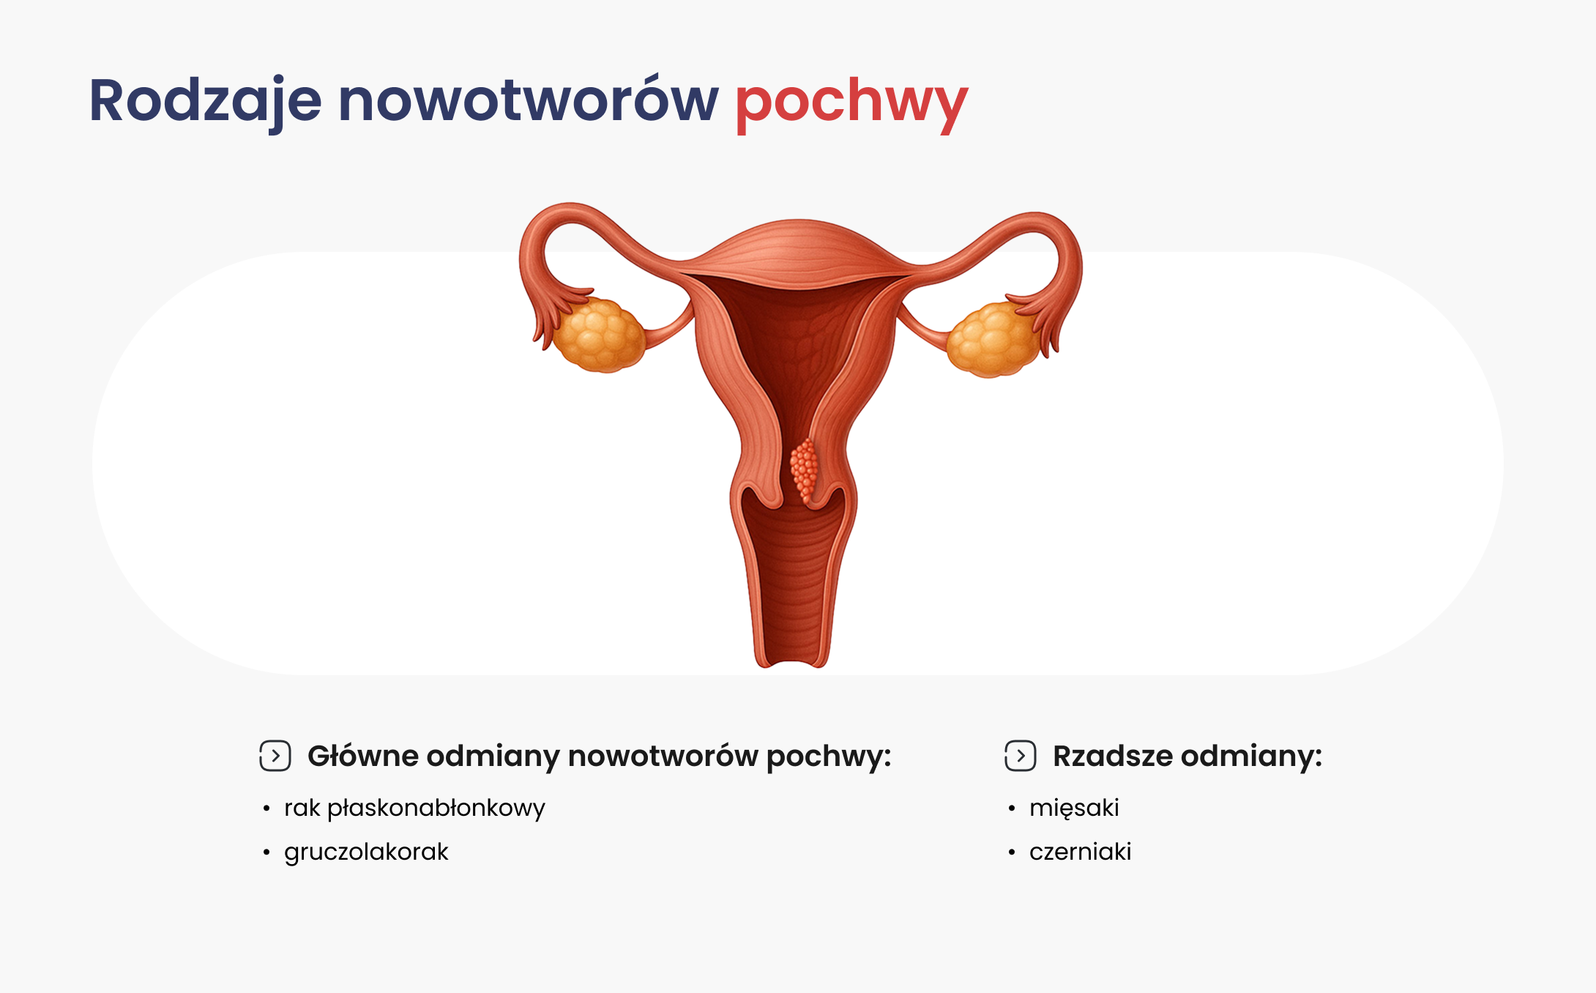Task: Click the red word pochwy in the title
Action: pyautogui.click(x=851, y=103)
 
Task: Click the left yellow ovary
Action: pyautogui.click(x=599, y=335)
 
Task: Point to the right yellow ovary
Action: pyautogui.click(x=993, y=340)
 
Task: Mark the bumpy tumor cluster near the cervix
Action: pyautogui.click(x=805, y=470)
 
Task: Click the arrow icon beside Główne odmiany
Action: pyautogui.click(x=275, y=756)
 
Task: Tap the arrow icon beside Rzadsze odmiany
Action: pyautogui.click(x=1021, y=756)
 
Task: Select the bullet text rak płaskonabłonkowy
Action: pyautogui.click(x=414, y=808)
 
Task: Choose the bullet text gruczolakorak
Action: pyautogui.click(x=366, y=852)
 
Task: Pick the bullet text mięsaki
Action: pyautogui.click(x=1074, y=808)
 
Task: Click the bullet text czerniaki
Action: pyautogui.click(x=1081, y=852)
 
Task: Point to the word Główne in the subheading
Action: pyautogui.click(x=362, y=756)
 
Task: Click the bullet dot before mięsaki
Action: pyautogui.click(x=1012, y=808)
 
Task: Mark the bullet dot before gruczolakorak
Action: pyautogui.click(x=266, y=852)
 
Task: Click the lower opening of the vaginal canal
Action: pyautogui.click(x=791, y=661)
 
